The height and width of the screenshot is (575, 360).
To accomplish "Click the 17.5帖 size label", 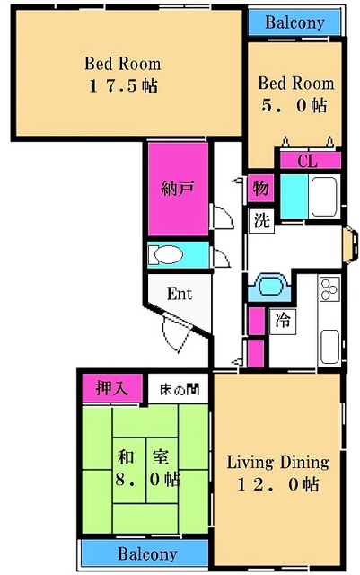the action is click(x=124, y=86).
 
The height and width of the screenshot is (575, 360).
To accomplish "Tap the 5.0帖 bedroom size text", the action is click(x=294, y=106).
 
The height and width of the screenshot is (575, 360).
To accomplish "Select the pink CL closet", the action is click(x=311, y=161).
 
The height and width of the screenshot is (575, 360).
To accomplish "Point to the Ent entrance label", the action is click(x=180, y=294).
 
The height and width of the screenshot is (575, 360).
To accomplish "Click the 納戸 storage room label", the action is click(x=178, y=189).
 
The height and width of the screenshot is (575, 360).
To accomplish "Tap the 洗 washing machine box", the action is click(x=261, y=220).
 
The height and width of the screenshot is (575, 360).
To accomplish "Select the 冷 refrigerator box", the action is click(x=283, y=322).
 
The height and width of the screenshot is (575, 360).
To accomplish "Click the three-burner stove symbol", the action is click(x=329, y=288).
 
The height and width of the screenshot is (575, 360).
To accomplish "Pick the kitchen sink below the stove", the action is click(x=329, y=347).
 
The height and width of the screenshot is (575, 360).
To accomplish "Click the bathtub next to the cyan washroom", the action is click(x=324, y=197).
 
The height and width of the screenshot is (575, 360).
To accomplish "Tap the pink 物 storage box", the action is click(x=260, y=189).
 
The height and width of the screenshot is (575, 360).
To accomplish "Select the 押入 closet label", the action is click(x=112, y=388).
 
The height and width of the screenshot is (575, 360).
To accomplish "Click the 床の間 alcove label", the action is click(x=180, y=389).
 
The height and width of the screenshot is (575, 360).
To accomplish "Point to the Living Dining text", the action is click(x=278, y=462).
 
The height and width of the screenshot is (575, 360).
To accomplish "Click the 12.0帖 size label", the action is click(x=278, y=484).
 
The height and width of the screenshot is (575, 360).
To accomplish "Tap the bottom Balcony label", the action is click(x=147, y=553).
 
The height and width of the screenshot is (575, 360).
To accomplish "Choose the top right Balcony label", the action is click(x=294, y=22).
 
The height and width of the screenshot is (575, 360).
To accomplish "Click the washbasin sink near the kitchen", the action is click(x=270, y=285).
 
